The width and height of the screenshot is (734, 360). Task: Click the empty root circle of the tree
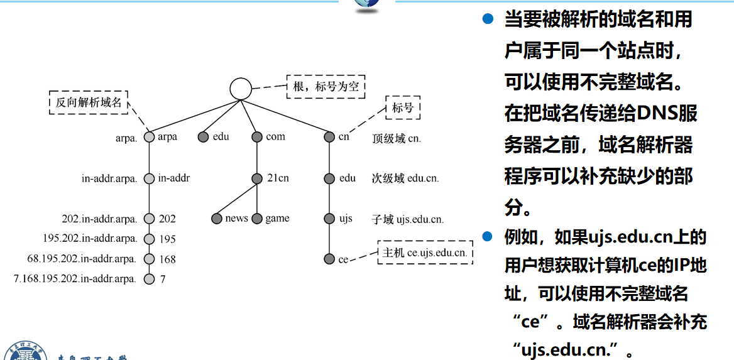(240, 89)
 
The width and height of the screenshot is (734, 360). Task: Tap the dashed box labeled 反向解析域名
(89, 102)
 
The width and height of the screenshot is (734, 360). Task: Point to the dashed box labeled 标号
(403, 107)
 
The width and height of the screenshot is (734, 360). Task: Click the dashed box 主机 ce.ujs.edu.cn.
(425, 253)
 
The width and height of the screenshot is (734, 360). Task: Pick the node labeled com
(256, 137)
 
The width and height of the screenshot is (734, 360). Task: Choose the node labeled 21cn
(256, 178)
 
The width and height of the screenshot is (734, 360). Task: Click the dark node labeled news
(217, 219)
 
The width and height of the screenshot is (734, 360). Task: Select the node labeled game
(256, 219)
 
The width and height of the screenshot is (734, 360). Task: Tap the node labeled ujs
(329, 219)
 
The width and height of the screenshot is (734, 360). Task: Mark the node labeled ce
(329, 259)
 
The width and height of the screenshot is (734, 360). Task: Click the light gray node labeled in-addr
(149, 178)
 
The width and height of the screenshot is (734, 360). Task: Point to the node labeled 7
(149, 279)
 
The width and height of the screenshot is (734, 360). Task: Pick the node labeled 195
(149, 239)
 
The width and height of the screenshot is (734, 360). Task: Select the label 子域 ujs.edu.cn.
(407, 219)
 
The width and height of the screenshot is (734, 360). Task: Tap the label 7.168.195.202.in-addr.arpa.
(75, 279)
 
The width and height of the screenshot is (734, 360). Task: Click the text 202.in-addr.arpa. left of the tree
(99, 219)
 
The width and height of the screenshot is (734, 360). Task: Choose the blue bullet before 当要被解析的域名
(486, 19)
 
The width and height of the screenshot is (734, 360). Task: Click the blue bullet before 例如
(486, 236)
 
